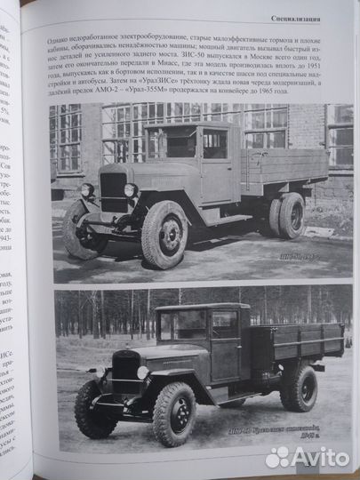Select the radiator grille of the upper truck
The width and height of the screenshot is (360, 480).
pos(114,190)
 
